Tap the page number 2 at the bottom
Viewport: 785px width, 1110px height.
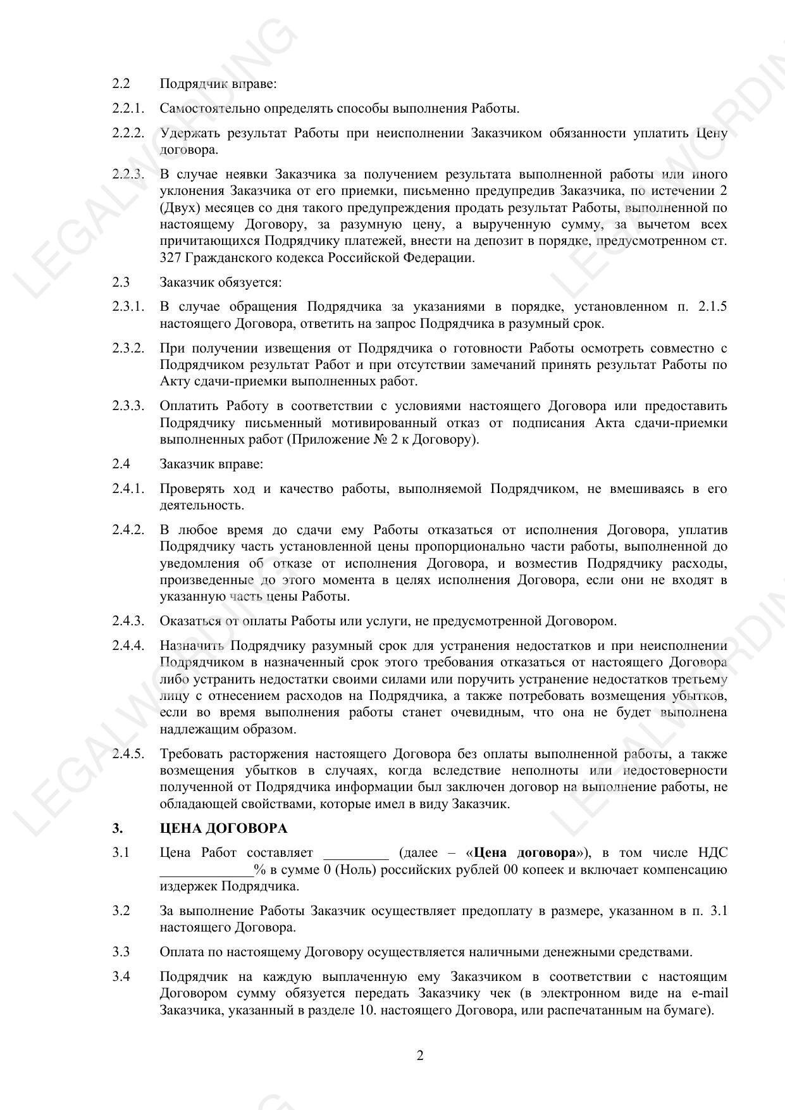point(419,1055)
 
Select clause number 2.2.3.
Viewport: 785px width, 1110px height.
point(128,174)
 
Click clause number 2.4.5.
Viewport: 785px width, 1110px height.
point(128,754)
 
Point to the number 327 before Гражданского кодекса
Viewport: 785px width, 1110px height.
point(170,258)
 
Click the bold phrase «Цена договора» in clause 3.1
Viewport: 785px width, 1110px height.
point(525,853)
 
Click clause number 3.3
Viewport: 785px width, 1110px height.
point(121,952)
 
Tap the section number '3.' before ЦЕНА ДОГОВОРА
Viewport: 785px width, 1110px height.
point(118,828)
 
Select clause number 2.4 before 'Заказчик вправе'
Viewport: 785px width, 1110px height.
point(121,464)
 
